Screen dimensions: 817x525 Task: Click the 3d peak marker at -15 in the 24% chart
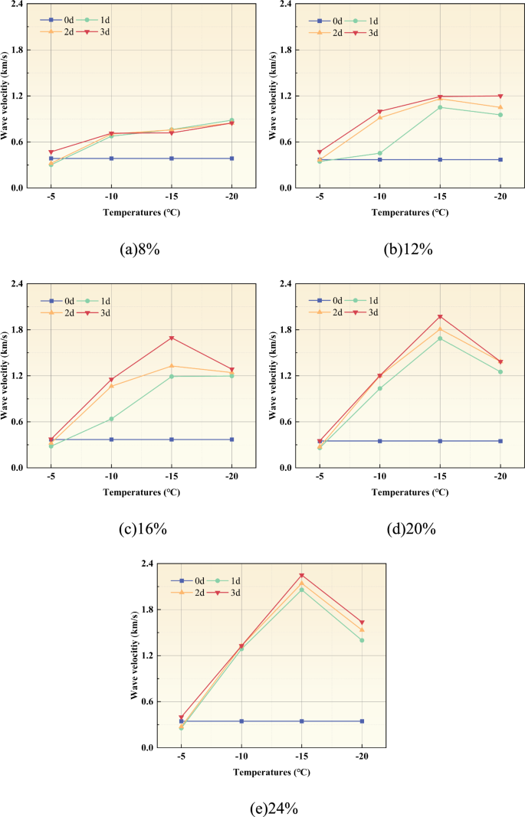pyautogui.click(x=302, y=575)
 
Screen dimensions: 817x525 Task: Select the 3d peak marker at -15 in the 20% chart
pyautogui.click(x=440, y=317)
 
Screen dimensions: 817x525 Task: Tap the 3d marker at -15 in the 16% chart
pyautogui.click(x=172, y=338)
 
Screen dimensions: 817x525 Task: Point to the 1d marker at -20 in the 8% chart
pyautogui.click(x=231, y=120)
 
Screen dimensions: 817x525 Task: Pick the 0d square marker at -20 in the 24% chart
pyautogui.click(x=362, y=721)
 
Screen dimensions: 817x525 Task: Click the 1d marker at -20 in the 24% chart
pyautogui.click(x=362, y=640)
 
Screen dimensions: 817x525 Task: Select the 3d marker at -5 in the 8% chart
pyautogui.click(x=51, y=152)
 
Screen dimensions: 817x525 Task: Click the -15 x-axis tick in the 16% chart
pyautogui.click(x=172, y=478)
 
